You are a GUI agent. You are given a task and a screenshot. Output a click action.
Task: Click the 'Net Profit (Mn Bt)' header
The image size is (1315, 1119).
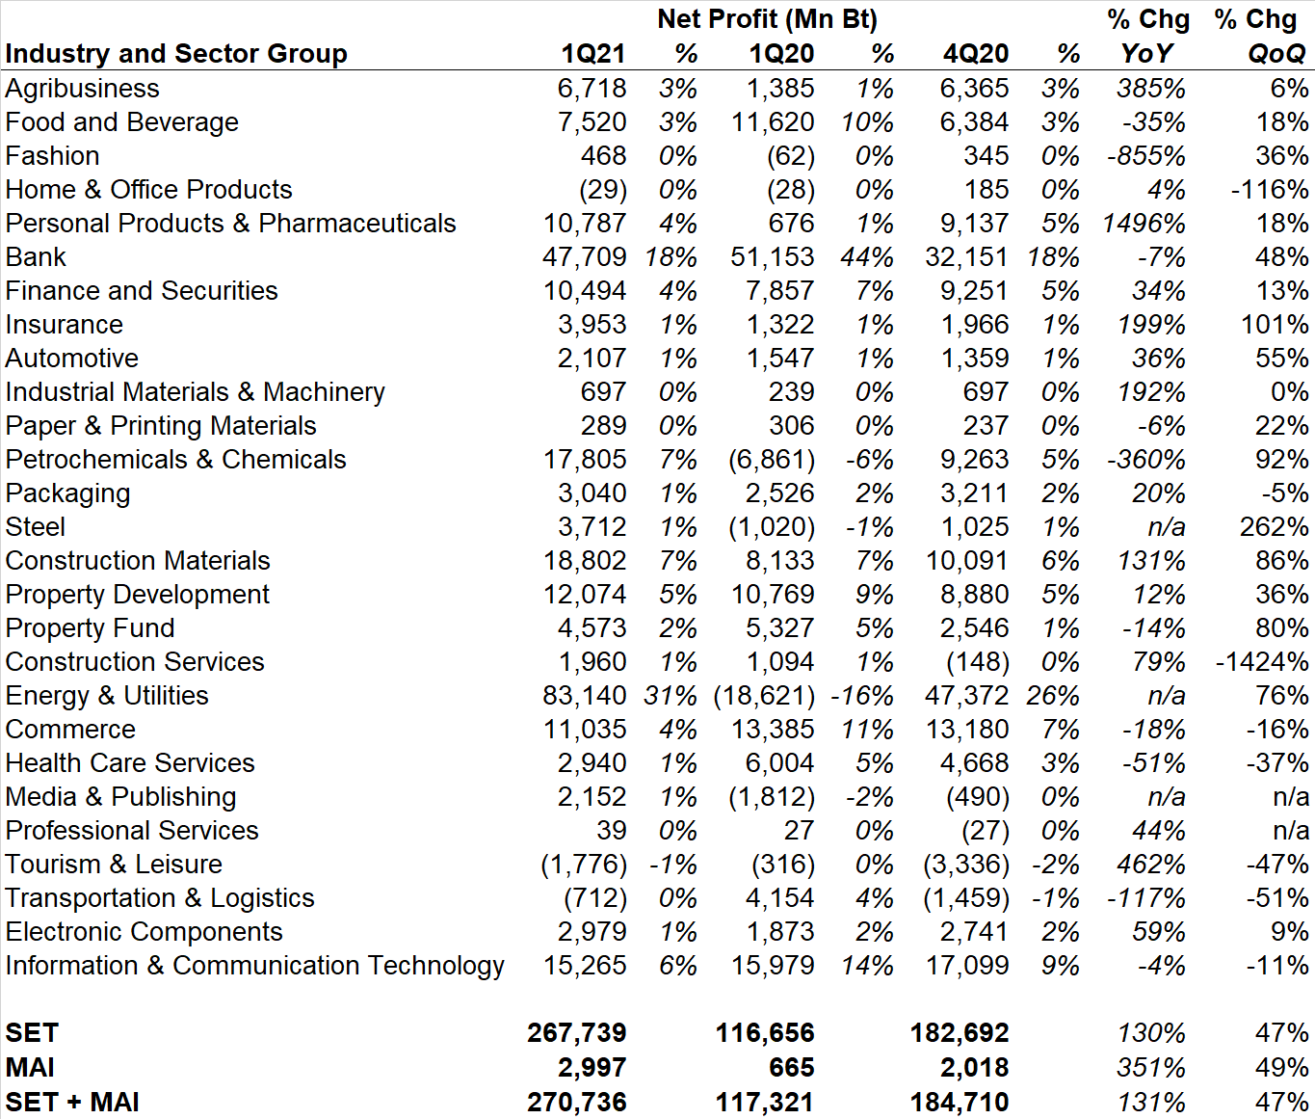(767, 19)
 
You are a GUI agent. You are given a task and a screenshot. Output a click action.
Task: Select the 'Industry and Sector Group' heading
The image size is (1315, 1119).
(176, 54)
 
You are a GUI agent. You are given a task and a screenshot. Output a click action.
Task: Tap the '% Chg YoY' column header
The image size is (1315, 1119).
(1147, 37)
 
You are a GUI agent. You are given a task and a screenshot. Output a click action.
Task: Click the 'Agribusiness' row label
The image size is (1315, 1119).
(83, 89)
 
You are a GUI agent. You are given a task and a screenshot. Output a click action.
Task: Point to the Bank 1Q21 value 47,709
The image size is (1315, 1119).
(584, 257)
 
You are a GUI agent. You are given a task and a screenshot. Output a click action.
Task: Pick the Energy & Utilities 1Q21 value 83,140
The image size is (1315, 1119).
(584, 696)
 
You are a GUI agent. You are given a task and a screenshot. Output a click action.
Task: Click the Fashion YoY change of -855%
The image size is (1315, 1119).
(1146, 156)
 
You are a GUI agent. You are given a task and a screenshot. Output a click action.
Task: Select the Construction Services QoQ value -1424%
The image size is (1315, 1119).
(1261, 662)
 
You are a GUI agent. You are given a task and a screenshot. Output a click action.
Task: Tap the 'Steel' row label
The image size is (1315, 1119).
(36, 527)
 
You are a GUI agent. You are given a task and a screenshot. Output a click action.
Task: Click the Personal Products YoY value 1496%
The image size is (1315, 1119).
(1144, 224)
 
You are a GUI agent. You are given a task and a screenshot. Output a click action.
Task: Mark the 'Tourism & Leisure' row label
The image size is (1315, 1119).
(114, 865)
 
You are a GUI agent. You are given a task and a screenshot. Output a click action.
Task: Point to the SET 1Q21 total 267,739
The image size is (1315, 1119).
(576, 1033)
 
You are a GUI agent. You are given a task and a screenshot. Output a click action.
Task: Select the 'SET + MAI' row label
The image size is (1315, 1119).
(72, 1103)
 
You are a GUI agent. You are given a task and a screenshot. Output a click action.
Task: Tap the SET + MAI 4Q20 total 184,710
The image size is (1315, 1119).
(960, 1103)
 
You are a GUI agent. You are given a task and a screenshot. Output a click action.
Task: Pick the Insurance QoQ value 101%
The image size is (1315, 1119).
(1275, 325)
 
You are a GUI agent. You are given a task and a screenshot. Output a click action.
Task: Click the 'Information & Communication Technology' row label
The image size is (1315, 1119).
(255, 966)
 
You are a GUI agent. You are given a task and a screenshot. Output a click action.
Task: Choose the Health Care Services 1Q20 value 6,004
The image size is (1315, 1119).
(779, 763)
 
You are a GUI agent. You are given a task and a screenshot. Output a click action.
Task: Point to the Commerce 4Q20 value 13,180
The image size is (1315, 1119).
(967, 730)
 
